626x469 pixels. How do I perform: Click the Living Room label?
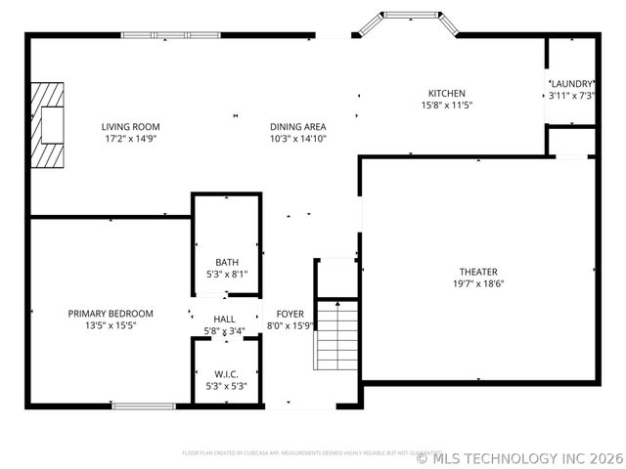point(130,127)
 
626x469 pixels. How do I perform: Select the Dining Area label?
point(298,127)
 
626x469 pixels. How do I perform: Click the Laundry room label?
point(571,84)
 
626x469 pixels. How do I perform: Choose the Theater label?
point(478,272)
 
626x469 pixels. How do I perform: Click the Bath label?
point(227,262)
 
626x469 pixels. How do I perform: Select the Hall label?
point(225,320)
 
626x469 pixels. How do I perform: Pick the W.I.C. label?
point(226,374)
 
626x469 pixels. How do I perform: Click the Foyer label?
point(289,314)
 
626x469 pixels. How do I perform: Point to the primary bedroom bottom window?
point(143,405)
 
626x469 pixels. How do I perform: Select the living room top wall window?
point(184,35)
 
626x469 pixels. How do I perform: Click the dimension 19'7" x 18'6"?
point(478,283)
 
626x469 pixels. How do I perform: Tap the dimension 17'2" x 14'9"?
point(130,139)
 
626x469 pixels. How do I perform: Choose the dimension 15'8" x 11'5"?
point(446,106)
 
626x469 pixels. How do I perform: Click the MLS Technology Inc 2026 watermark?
point(519,456)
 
